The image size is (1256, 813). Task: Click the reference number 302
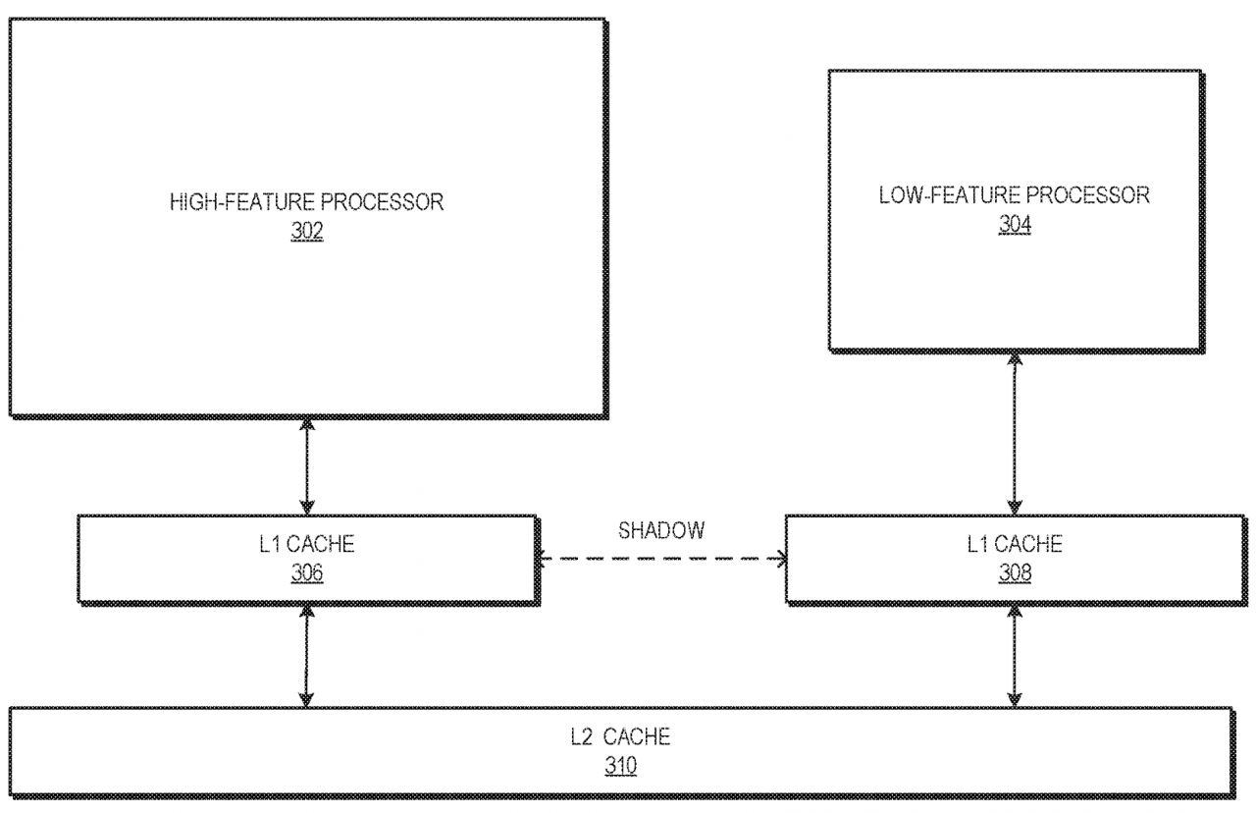tap(307, 231)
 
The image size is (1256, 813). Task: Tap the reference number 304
tap(1015, 225)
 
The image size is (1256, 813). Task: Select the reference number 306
tap(307, 572)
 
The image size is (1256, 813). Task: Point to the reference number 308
tap(1015, 572)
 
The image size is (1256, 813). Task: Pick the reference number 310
tap(621, 765)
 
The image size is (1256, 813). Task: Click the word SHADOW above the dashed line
tap(661, 530)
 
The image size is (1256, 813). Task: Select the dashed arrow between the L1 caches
tap(661, 559)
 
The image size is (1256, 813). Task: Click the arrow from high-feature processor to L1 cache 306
tap(307, 466)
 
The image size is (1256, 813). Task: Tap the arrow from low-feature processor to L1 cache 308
tap(1015, 434)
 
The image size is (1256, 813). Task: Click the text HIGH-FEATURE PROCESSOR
tap(307, 202)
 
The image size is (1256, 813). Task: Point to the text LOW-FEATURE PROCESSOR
tap(1015, 195)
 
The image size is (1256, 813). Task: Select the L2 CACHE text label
tap(621, 736)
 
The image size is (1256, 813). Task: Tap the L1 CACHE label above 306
tap(307, 544)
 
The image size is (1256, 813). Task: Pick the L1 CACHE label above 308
tap(1015, 544)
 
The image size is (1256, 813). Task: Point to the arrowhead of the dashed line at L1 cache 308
tap(780, 559)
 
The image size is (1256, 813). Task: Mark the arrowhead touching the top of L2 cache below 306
tap(306, 700)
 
